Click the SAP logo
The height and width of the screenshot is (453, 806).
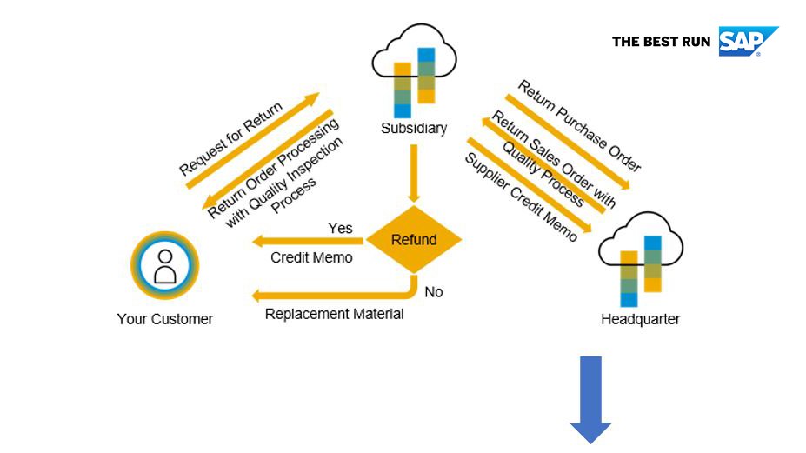coord(748,41)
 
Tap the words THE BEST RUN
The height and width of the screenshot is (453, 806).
coord(661,42)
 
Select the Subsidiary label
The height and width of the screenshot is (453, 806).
coord(414,128)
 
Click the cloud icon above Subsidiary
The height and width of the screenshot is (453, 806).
coord(415,70)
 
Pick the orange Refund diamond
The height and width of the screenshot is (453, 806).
coord(414,240)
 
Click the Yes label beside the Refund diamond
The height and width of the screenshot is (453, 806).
coord(340,228)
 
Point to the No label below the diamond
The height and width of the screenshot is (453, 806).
coord(434,292)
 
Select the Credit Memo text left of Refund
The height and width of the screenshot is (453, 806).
coord(311,257)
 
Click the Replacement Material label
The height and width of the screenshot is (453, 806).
coord(334,314)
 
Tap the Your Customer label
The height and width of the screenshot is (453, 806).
coord(165,319)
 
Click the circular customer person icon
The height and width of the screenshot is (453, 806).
coord(165,265)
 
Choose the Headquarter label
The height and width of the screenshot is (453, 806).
coord(641,319)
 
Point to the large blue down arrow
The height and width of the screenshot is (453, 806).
coord(590,400)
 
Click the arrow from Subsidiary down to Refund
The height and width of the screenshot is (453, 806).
coord(414,173)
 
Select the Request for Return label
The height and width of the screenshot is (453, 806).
coord(230,138)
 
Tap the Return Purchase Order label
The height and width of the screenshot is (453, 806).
coord(579,125)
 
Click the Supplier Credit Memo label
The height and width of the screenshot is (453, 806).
coord(521,197)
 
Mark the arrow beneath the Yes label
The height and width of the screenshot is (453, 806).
coord(308,240)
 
